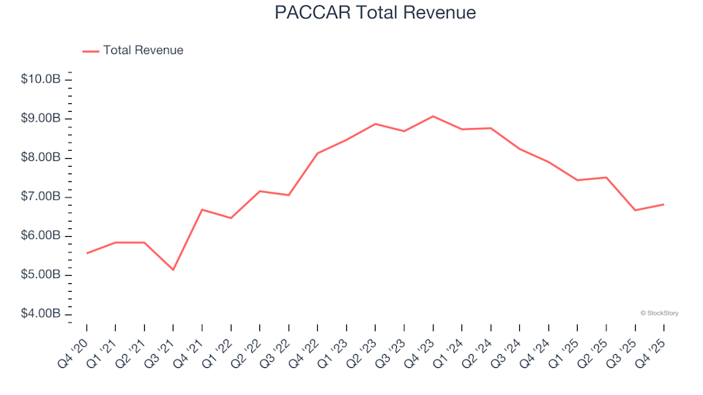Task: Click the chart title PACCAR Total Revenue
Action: [x=375, y=12]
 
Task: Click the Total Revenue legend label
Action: [x=143, y=50]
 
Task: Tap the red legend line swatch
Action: [x=91, y=51]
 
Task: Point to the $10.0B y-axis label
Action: [x=41, y=79]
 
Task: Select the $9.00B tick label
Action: [x=41, y=118]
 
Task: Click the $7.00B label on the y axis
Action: [x=41, y=197]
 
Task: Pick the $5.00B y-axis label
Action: [x=41, y=275]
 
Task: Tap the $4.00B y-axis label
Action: [x=41, y=315]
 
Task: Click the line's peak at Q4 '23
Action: [x=433, y=116]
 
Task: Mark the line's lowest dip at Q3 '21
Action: [x=173, y=270]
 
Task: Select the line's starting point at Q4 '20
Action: [x=86, y=253]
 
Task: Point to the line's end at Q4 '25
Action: [x=663, y=204]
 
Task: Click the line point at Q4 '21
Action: [x=202, y=210]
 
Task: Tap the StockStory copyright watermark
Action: [x=659, y=313]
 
